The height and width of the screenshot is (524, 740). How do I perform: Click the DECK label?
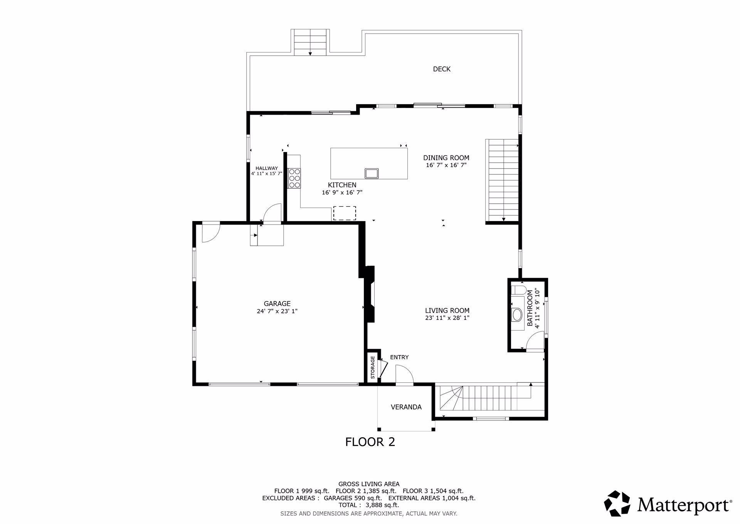pos(442,69)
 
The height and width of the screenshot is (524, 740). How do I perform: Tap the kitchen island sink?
pos(372,174)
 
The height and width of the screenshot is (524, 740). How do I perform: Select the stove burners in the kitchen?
pos(294,178)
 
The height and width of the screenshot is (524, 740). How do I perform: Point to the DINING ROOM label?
pos(446,157)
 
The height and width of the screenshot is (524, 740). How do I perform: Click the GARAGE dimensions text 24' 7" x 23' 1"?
pos(277,311)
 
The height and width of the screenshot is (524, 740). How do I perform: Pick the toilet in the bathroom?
pos(519,290)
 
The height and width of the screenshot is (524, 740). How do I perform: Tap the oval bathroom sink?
pos(516,315)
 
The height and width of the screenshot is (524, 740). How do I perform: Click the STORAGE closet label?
pos(373,367)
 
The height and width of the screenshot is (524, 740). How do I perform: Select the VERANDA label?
pos(406,407)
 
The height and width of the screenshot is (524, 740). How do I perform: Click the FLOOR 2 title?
pos(370,442)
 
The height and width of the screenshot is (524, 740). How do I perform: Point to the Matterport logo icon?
pos(617,503)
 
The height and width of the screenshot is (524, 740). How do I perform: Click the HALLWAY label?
pos(267,168)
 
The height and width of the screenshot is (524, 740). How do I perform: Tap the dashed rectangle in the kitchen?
pos(345,213)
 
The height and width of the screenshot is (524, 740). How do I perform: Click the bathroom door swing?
pos(535,341)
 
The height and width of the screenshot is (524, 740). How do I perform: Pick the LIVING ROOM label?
pos(447,311)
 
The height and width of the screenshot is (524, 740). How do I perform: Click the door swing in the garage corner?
pos(210,233)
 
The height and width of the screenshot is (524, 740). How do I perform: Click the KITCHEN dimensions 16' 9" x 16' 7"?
pos(342,192)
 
